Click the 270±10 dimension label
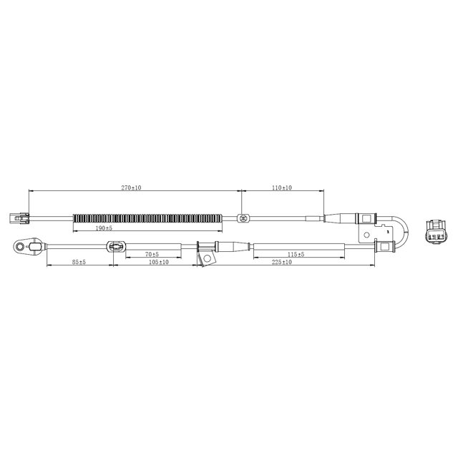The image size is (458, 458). pyautogui.click(x=131, y=187)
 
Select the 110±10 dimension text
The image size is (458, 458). pyautogui.click(x=281, y=187)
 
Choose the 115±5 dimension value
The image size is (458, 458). pyautogui.click(x=296, y=255)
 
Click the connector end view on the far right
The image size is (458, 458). pyautogui.click(x=434, y=234)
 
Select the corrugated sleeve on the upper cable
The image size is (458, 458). pyautogui.click(x=147, y=218)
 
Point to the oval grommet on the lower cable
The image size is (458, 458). pyautogui.click(x=114, y=248)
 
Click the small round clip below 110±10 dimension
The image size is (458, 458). pyautogui.click(x=243, y=218)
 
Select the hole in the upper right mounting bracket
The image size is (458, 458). pyautogui.click(x=368, y=234)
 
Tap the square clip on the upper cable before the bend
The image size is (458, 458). pyautogui.click(x=364, y=218)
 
